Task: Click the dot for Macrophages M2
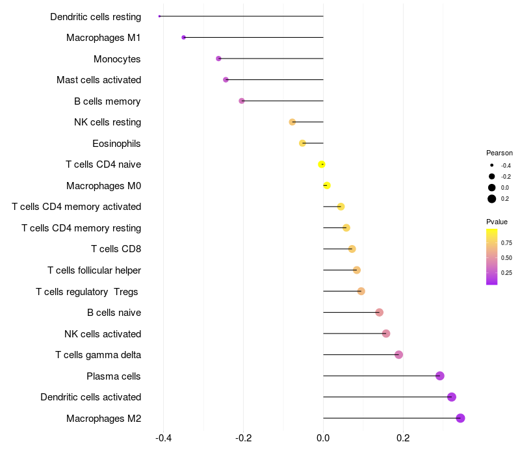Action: click(460, 418)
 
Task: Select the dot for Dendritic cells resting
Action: click(159, 16)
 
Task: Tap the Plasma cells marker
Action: click(440, 376)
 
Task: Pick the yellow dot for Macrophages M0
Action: click(327, 186)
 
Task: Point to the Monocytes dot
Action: click(218, 58)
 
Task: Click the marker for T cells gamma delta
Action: click(398, 355)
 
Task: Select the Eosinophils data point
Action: click(302, 143)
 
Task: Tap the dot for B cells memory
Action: click(242, 101)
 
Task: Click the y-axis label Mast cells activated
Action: click(99, 80)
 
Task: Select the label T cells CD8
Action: click(116, 249)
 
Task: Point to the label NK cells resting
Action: click(107, 122)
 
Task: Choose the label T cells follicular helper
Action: click(94, 270)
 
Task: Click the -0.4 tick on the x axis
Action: click(163, 437)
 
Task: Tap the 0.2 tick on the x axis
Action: click(403, 437)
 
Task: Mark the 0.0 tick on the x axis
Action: click(323, 437)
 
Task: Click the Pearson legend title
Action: click(499, 153)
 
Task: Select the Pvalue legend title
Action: click(497, 222)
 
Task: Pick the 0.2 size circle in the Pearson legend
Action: click(492, 199)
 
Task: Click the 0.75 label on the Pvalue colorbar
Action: click(506, 243)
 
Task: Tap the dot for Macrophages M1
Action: click(183, 38)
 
